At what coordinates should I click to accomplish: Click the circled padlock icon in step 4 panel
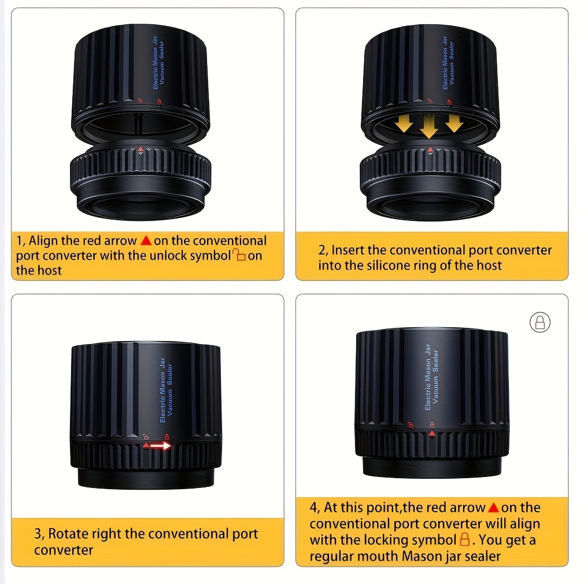click(x=539, y=322)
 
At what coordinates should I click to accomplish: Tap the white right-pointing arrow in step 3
click(x=161, y=445)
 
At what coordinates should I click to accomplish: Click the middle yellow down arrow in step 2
click(x=430, y=126)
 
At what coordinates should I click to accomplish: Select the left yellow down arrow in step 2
click(x=405, y=124)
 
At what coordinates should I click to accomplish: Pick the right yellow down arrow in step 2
click(x=454, y=124)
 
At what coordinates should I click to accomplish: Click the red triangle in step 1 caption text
click(x=146, y=241)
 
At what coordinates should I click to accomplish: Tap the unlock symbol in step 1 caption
click(x=239, y=255)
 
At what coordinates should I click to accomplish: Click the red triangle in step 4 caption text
click(x=493, y=507)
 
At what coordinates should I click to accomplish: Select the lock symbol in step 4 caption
click(x=465, y=539)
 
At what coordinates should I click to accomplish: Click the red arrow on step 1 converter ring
click(x=141, y=150)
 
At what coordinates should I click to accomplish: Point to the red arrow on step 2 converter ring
click(x=431, y=150)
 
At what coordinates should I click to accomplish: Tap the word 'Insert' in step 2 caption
click(x=347, y=250)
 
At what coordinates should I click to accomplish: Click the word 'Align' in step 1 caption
click(x=43, y=241)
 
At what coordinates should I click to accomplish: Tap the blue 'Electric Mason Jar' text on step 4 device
click(x=427, y=377)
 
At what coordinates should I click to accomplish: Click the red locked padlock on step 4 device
click(x=432, y=424)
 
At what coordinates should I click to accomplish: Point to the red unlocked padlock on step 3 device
click(x=146, y=437)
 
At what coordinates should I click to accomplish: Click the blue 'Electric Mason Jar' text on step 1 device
click(x=156, y=62)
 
